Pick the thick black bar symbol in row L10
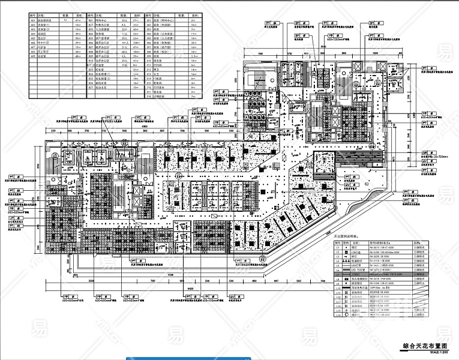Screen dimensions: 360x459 [347, 288]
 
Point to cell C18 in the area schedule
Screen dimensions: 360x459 [149, 95]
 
